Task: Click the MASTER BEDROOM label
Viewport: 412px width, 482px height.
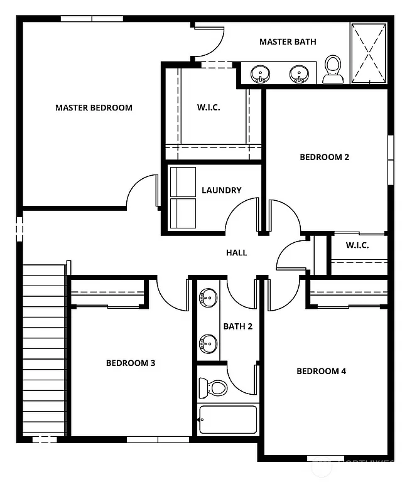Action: (94, 107)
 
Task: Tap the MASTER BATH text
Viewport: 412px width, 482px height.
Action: (288, 41)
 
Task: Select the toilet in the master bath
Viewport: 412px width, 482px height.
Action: (333, 69)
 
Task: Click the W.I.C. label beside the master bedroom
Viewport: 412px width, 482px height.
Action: (209, 107)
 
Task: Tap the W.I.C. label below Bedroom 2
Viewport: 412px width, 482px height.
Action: (357, 245)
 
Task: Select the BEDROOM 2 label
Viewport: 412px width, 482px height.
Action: (324, 157)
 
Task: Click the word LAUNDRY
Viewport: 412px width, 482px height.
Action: (221, 190)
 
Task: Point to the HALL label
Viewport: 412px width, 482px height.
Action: (237, 253)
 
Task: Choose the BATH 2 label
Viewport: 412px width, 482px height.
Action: (237, 326)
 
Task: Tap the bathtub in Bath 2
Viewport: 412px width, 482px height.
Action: (227, 419)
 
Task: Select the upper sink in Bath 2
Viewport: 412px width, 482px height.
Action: (208, 296)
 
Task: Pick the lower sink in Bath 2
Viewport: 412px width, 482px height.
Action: (208, 343)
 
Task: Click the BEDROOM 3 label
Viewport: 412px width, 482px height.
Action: (130, 363)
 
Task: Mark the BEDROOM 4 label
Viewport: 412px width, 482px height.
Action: (321, 371)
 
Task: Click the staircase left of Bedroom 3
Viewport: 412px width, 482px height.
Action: (44, 351)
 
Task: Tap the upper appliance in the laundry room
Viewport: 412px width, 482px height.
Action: (183, 182)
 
